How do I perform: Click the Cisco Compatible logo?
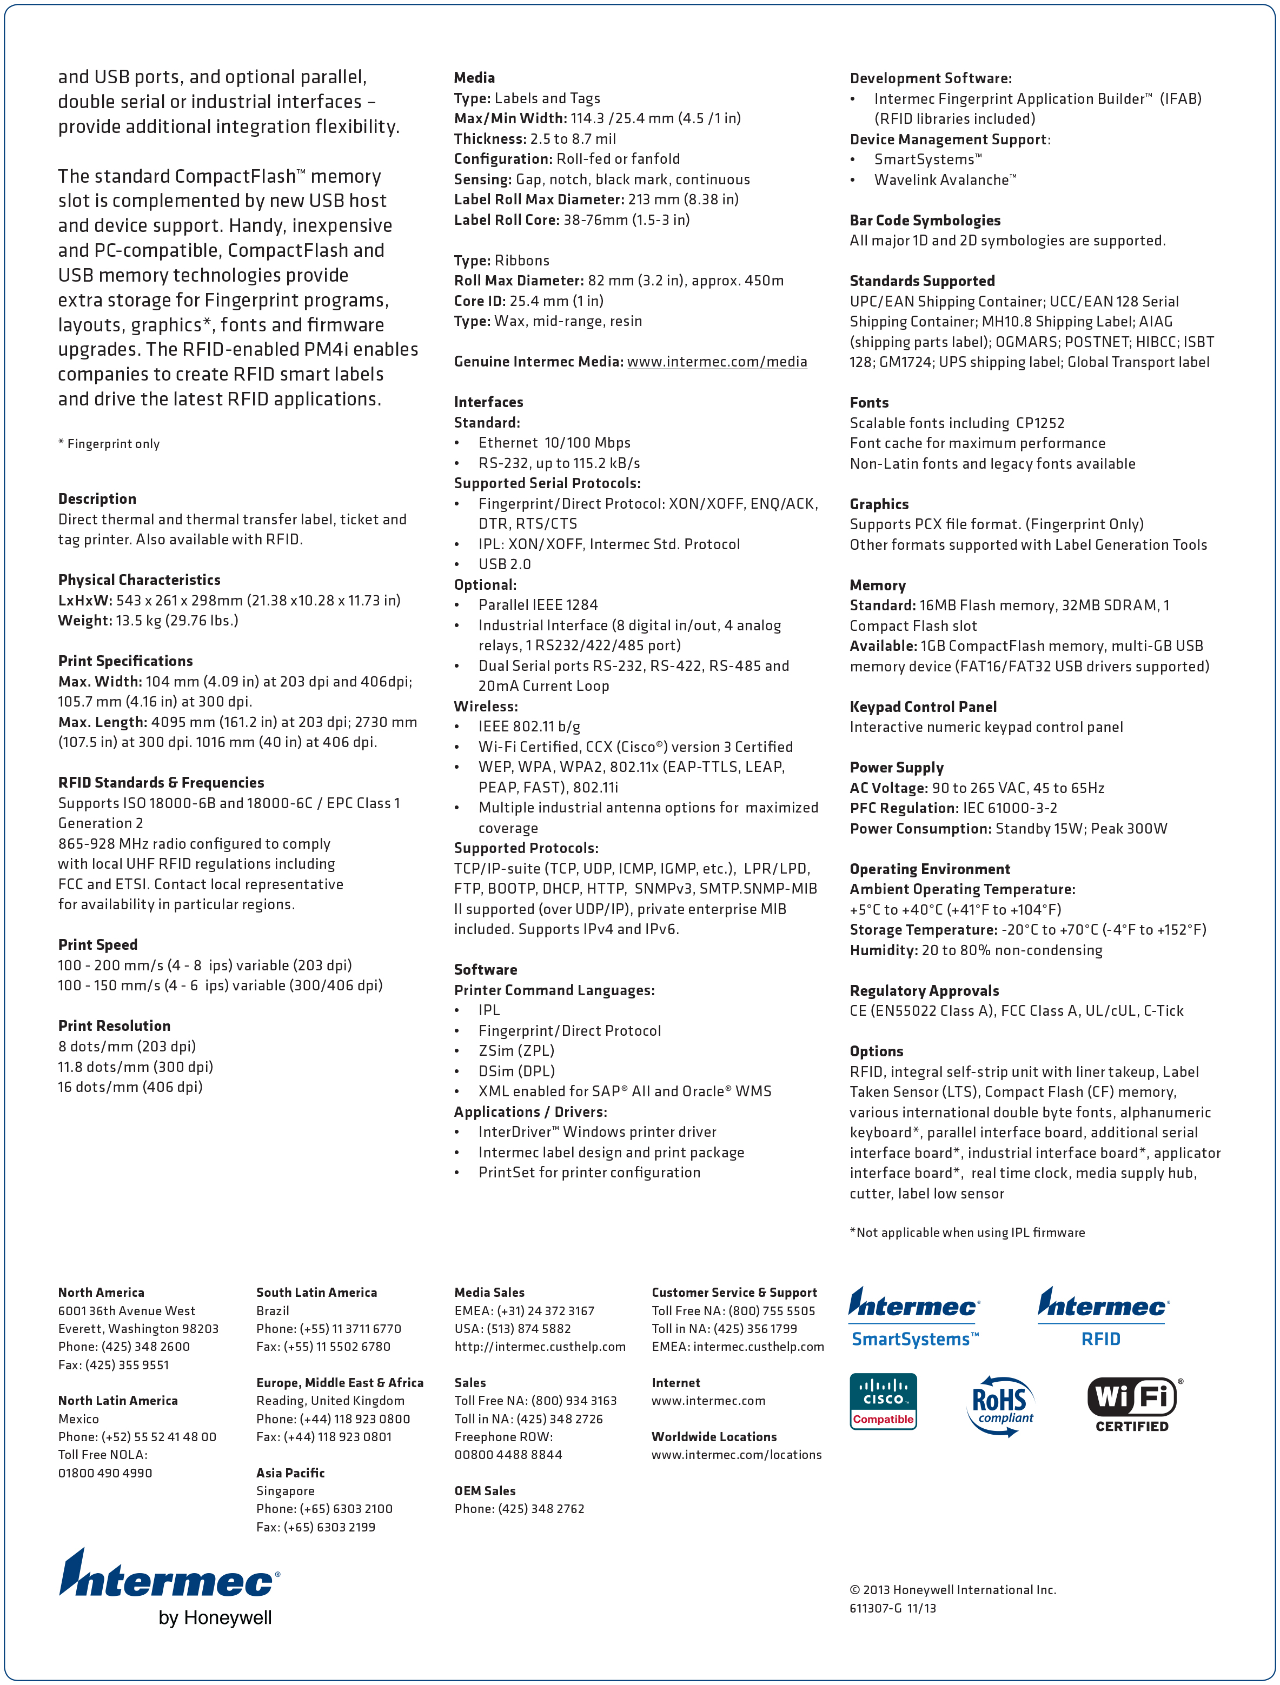883,1402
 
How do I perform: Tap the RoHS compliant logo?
1001,1406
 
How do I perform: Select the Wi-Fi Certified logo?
1133,1404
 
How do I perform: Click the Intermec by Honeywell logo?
169,1588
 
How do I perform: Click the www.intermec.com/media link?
717,362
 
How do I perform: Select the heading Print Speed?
97,944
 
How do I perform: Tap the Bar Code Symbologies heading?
925,220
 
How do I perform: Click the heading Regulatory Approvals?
924,990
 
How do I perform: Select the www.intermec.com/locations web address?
736,1454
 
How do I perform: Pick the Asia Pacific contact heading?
290,1473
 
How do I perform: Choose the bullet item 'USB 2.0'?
505,564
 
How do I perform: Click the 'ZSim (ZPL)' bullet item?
516,1050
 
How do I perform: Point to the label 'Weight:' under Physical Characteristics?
84,621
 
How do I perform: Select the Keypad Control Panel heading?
923,707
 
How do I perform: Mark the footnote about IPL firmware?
967,1233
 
